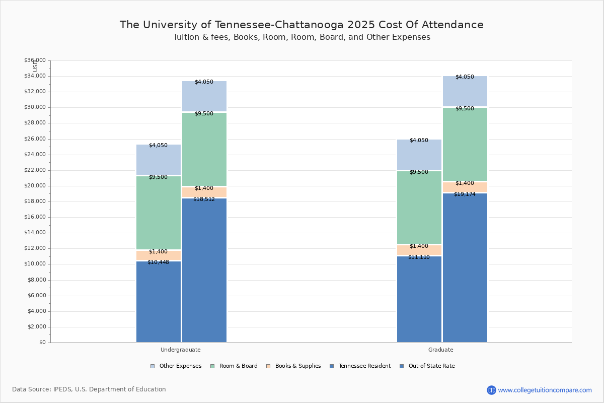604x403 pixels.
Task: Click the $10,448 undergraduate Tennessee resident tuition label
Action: pyautogui.click(x=158, y=262)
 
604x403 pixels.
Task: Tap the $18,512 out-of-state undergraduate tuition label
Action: pyautogui.click(x=204, y=199)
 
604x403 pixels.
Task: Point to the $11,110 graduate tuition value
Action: pyautogui.click(x=419, y=257)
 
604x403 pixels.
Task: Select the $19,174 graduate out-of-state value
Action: pyautogui.click(x=465, y=194)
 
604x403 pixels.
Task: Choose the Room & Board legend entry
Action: pyautogui.click(x=238, y=366)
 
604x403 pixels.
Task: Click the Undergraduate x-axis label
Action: pyautogui.click(x=181, y=350)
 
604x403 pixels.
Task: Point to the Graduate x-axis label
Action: pyautogui.click(x=441, y=350)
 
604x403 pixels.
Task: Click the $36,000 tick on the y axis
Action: pyautogui.click(x=35, y=60)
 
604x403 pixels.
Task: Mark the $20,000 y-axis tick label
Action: pyautogui.click(x=35, y=186)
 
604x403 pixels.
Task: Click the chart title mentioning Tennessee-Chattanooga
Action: pyautogui.click(x=301, y=25)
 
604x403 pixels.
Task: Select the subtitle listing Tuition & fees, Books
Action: pyautogui.click(x=301, y=37)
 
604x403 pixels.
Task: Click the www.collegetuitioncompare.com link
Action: pyautogui.click(x=545, y=390)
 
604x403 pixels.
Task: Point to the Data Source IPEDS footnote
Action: pyautogui.click(x=89, y=389)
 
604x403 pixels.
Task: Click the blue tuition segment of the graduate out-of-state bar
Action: pyautogui.click(x=465, y=267)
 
